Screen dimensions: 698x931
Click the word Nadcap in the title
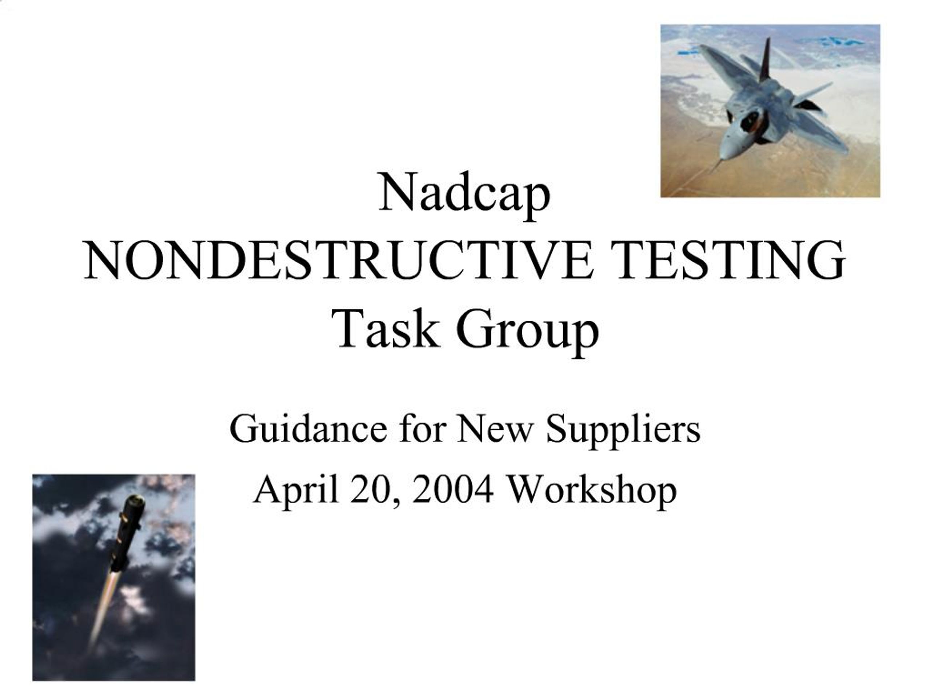coord(464,193)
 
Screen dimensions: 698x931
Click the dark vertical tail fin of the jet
coord(765,61)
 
